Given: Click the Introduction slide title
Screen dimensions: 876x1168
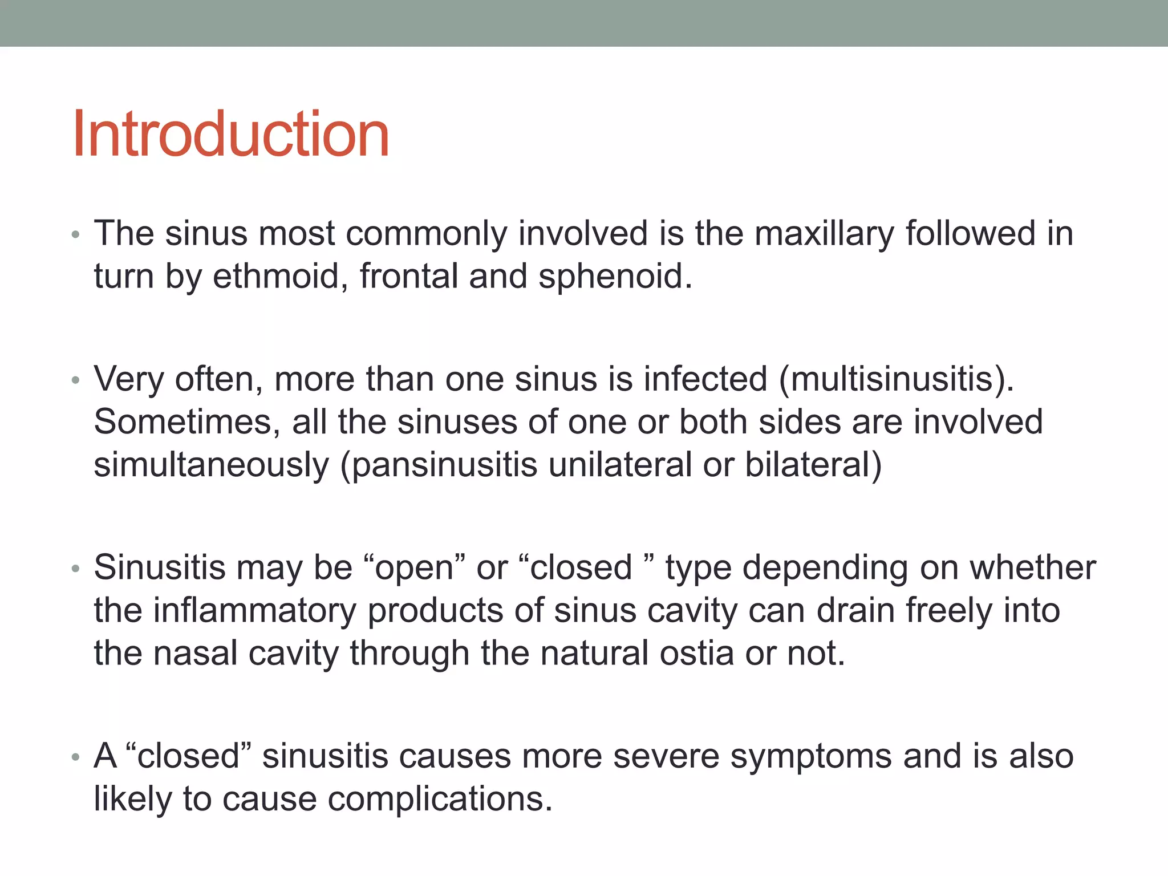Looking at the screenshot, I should click(231, 135).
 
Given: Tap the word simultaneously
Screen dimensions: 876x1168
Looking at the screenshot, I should click(212, 465).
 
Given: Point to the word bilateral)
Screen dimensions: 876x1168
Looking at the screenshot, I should click(813, 465).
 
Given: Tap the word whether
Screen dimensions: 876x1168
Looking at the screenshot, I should click(1033, 568).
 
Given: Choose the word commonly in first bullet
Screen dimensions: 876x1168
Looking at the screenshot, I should click(426, 234).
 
